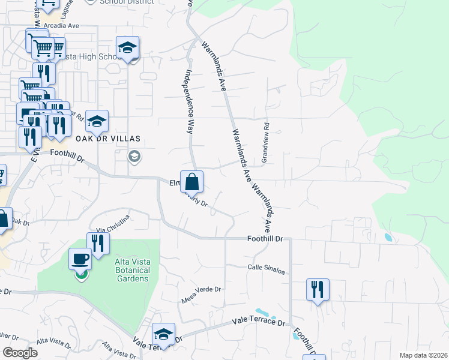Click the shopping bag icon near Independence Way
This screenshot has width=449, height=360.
pos(191,181)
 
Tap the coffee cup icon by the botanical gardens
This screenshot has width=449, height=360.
pos(81,259)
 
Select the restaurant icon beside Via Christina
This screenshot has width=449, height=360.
pos(98,243)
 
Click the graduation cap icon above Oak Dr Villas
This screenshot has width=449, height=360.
pos(97,122)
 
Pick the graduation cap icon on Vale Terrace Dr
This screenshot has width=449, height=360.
pos(163,334)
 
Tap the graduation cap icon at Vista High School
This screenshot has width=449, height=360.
pos(127,48)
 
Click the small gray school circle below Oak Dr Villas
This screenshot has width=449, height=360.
pos(134,157)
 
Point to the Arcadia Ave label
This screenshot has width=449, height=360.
pos(62,26)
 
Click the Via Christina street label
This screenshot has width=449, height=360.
pos(113,223)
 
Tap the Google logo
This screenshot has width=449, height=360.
pos(20,353)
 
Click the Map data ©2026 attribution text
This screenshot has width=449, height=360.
pos(423,355)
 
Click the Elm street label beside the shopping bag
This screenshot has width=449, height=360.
pos(175,184)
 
